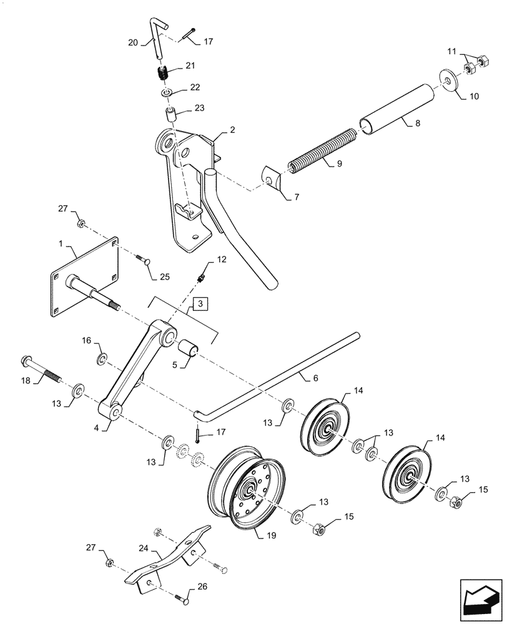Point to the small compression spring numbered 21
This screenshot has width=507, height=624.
click(x=162, y=73)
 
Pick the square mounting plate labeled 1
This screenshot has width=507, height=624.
click(x=84, y=278)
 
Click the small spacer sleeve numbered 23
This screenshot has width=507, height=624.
click(x=169, y=115)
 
